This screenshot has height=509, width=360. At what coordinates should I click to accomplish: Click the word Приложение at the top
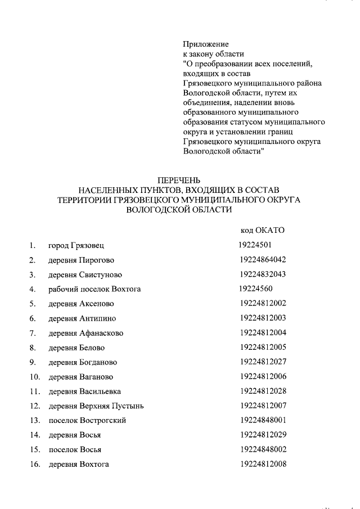[206, 44]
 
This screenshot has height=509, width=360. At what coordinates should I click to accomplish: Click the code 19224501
[255, 245]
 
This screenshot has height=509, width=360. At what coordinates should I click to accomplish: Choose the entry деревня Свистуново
[85, 274]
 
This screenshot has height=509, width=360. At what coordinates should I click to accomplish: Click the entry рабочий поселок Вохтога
[94, 289]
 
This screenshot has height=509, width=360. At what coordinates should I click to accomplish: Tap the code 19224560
[255, 289]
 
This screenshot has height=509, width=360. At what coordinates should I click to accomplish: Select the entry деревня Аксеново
[81, 304]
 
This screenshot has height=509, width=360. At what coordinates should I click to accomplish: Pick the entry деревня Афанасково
[85, 333]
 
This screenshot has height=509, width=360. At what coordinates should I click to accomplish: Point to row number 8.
[33, 348]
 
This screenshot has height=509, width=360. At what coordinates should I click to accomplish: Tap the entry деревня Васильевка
[84, 391]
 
